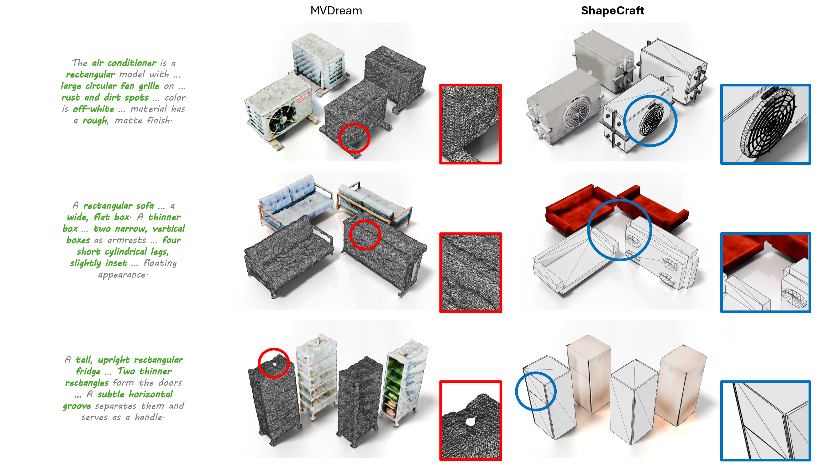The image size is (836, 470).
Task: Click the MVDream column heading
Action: point(336,11)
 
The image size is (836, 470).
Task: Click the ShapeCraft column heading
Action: point(612,11)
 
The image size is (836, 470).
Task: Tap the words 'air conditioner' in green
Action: point(124,63)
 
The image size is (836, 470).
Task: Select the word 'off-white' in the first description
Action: point(93,109)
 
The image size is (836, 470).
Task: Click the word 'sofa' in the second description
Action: point(145,206)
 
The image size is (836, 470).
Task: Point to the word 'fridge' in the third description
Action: point(88,371)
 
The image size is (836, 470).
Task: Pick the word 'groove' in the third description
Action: point(77,406)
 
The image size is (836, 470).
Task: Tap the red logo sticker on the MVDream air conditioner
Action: point(303,97)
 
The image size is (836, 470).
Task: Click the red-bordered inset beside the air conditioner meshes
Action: point(470,124)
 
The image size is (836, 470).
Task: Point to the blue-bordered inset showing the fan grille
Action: point(765,124)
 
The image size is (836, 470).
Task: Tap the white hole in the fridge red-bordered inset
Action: point(470,422)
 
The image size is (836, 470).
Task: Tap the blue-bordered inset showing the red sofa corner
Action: point(765,272)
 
